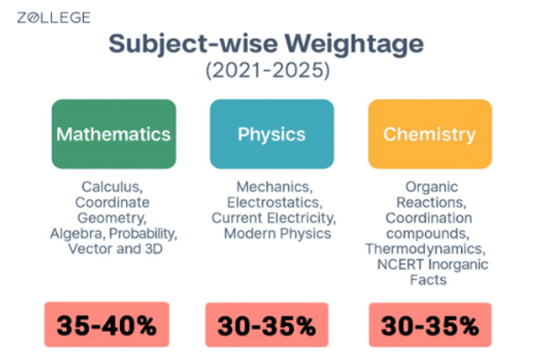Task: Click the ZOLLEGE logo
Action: click(x=54, y=18)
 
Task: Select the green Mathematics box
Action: click(x=114, y=134)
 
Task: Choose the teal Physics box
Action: click(x=271, y=134)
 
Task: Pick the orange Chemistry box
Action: click(x=429, y=134)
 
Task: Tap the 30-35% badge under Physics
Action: click(x=267, y=325)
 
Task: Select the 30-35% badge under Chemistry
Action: click(x=430, y=325)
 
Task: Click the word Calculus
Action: click(x=112, y=187)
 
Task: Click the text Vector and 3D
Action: click(x=112, y=248)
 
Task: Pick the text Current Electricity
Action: click(x=271, y=218)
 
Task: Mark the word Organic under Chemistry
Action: click(x=431, y=187)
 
